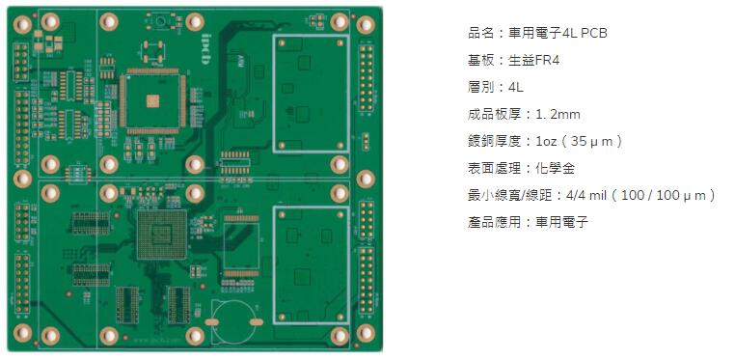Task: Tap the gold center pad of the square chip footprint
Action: (x=150, y=98)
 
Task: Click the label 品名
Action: (x=478, y=34)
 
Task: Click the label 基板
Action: (x=478, y=61)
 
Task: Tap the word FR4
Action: (x=548, y=61)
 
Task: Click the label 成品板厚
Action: (x=493, y=115)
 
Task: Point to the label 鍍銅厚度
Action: (x=493, y=142)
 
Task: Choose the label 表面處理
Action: (x=493, y=169)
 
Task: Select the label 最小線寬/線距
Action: (x=511, y=196)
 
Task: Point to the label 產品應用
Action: (x=493, y=223)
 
